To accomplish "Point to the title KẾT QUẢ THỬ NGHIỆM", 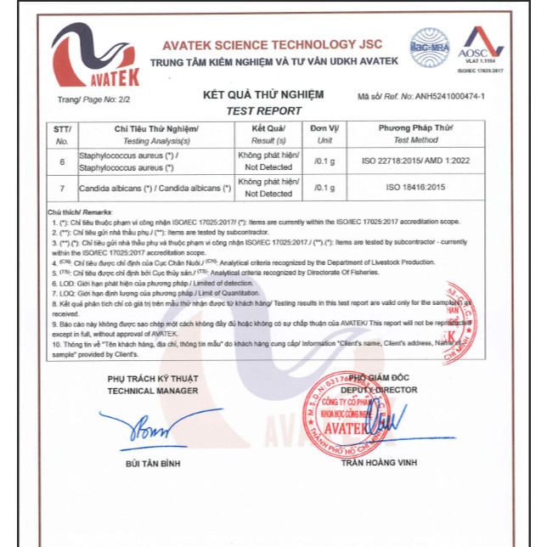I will (264, 96).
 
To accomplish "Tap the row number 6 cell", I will (62, 161).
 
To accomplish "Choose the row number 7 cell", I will (62, 188).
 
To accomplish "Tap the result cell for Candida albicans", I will (268, 188).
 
